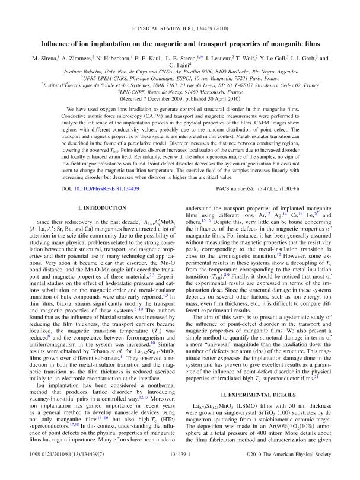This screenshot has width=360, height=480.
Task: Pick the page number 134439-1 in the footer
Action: [x=180, y=469]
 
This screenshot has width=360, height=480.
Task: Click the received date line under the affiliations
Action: [x=180, y=100]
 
